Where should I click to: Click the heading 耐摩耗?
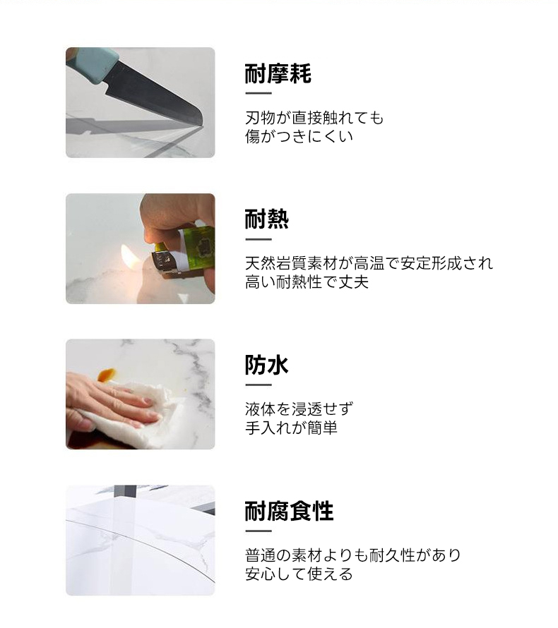278,73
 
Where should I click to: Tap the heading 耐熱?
266,219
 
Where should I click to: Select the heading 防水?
266,365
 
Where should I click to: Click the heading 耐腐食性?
289,511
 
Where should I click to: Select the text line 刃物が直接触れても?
314,118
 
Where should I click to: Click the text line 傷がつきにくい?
299,137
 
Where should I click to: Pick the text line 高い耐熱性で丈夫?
307,282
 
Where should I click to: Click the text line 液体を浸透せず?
299,409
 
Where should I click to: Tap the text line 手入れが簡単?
291,428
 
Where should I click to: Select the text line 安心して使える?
299,574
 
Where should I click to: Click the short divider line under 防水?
259,385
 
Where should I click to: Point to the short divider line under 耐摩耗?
259,93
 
